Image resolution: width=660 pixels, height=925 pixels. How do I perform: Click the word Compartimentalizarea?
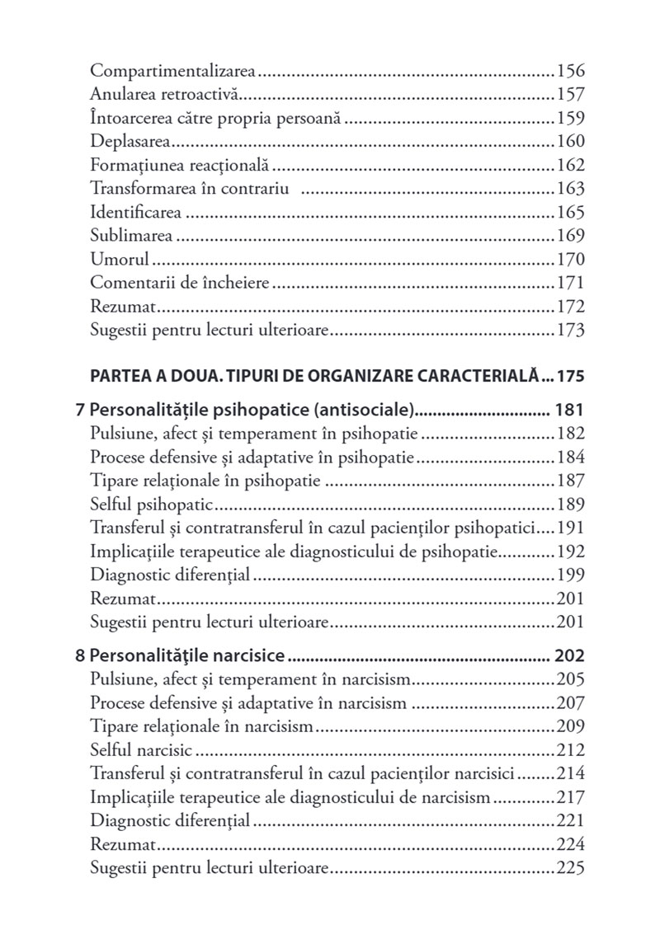pos(172,71)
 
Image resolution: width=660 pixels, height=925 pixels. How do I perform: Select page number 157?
pos(571,95)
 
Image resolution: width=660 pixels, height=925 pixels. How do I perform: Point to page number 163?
pos(571,189)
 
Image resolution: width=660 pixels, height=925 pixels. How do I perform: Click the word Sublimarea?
pos(132,237)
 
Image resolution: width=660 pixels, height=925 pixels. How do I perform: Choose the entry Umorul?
pos(120,261)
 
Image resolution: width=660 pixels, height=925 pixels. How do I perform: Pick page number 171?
pos(571,284)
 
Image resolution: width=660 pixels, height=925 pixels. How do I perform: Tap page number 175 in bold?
pos(570,377)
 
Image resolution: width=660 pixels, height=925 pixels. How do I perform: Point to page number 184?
pos(571,458)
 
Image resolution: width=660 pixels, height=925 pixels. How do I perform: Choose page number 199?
pos(571,575)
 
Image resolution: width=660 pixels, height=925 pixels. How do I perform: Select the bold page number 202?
pos(570,656)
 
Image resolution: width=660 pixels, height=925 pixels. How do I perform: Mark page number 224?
pos(571,845)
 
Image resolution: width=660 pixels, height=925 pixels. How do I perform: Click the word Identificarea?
pos(137,213)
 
